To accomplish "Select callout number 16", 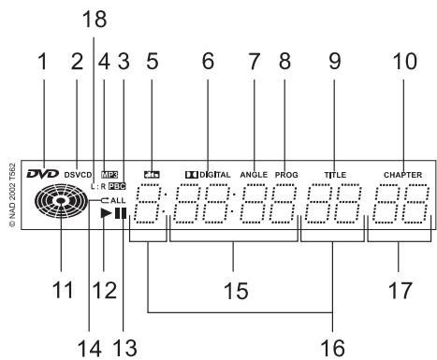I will [x=333, y=345].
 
